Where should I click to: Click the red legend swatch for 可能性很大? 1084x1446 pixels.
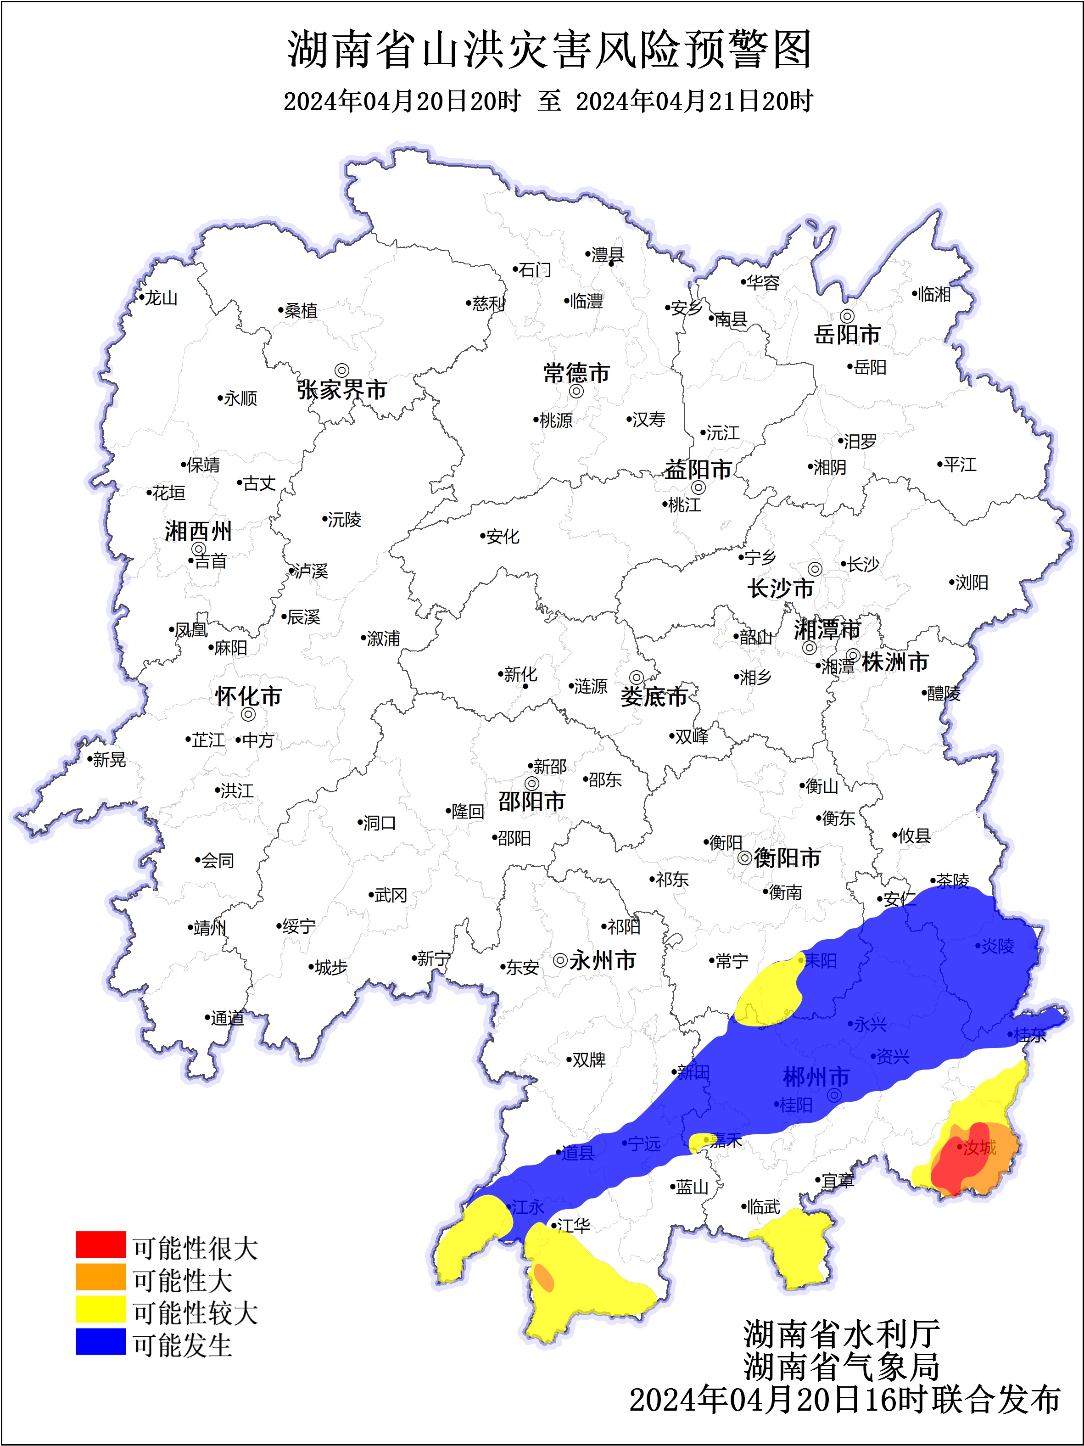coord(100,1244)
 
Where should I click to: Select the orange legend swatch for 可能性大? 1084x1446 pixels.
coord(100,1277)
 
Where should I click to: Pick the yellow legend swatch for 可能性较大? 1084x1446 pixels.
coord(100,1309)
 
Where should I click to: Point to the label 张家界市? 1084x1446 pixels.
coord(342,390)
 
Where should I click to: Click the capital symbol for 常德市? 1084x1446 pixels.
coord(576,391)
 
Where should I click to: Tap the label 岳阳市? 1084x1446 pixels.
coord(847,335)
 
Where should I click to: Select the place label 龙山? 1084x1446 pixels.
coord(161,298)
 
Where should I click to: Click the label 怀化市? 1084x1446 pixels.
coord(248,696)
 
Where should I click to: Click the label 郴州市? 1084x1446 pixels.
coord(816,1076)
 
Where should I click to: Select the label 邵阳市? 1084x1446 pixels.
coord(531,801)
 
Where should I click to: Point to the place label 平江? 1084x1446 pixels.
coord(959,465)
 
